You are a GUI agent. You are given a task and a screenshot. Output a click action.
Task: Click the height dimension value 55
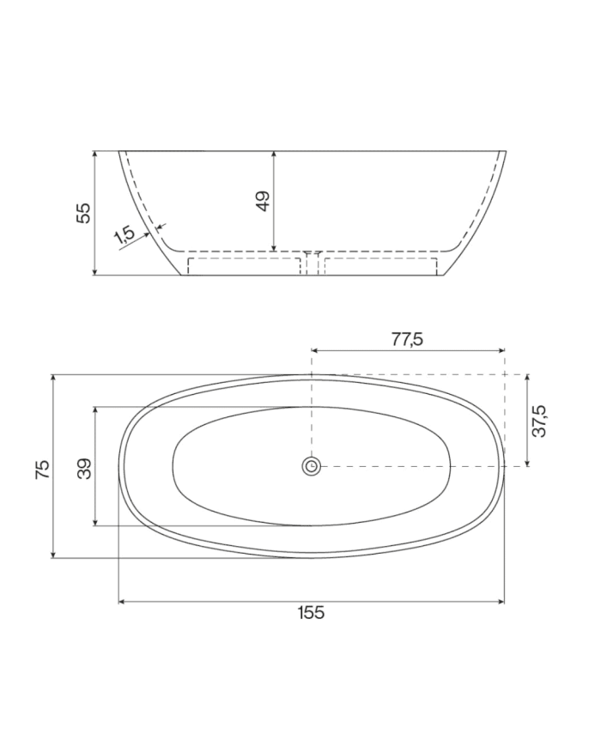(83, 213)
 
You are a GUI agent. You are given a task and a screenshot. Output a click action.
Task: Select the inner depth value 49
(263, 200)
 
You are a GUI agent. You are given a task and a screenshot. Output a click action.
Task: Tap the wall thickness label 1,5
(124, 235)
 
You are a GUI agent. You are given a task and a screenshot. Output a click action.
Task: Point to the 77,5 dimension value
(407, 338)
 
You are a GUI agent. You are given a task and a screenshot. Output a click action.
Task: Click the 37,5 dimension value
(539, 421)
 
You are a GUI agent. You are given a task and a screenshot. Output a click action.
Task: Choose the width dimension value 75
(42, 468)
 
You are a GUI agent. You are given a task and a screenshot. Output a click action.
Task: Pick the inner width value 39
(83, 468)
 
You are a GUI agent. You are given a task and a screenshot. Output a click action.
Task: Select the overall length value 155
(311, 612)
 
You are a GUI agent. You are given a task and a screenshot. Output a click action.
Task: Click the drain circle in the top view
(311, 466)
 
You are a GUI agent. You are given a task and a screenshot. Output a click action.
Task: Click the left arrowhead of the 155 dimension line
(121, 601)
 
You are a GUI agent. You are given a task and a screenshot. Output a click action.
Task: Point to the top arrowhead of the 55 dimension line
(94, 154)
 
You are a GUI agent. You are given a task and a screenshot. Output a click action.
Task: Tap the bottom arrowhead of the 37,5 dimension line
(526, 464)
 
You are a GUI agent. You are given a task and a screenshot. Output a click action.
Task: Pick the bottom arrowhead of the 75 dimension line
(54, 555)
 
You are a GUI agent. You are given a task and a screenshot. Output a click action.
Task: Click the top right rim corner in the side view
(506, 151)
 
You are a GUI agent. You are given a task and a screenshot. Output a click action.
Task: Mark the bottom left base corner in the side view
(182, 276)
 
